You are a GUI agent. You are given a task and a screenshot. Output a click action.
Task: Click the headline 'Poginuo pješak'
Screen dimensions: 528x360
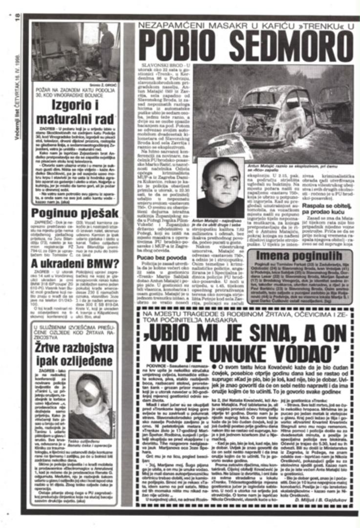[x=75, y=213]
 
